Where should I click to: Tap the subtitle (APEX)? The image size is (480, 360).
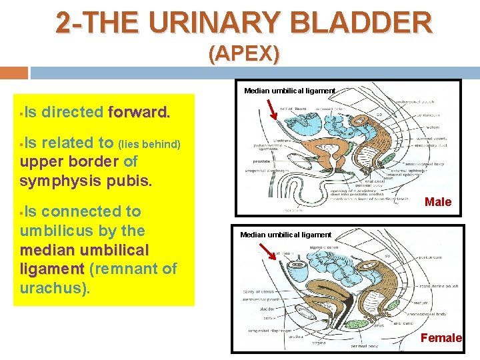tap(244, 53)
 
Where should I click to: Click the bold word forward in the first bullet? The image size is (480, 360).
tap(139, 112)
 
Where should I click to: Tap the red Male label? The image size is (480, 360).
tap(438, 202)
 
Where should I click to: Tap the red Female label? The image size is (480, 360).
tap(441, 338)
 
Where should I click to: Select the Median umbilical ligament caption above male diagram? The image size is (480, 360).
tap(289, 91)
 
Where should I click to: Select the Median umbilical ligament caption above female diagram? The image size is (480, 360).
tap(285, 235)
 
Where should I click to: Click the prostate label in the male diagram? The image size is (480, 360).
tap(262, 161)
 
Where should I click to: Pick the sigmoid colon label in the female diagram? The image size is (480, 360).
tap(325, 247)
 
